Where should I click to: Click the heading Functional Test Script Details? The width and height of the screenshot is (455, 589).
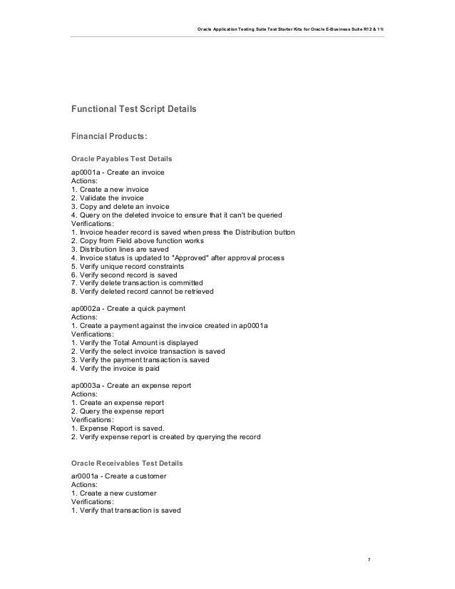(x=133, y=111)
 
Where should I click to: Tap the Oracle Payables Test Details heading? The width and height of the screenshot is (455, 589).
(x=121, y=158)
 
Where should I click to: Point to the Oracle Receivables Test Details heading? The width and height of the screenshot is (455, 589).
(x=127, y=463)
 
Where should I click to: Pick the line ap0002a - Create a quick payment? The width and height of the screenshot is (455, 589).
(x=128, y=308)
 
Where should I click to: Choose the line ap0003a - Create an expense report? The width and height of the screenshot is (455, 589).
(x=131, y=386)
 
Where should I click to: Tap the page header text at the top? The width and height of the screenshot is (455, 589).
(x=290, y=29)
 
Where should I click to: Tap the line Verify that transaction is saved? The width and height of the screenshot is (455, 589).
(x=126, y=511)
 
